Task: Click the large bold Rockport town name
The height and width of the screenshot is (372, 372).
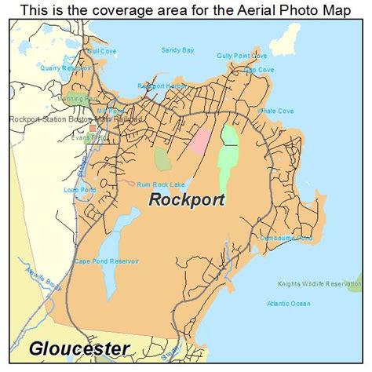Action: [x=187, y=199]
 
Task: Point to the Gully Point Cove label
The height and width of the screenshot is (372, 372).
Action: [x=243, y=57]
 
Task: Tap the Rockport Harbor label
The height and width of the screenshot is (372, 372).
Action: [x=161, y=86]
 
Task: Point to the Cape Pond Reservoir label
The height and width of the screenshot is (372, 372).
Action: [x=107, y=261]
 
